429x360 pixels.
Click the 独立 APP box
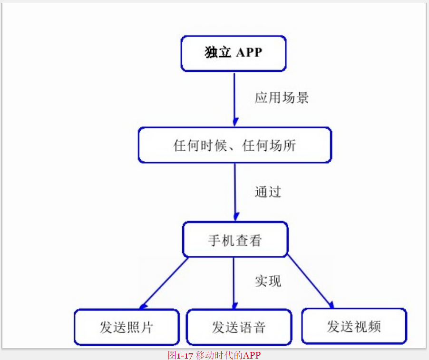[x=233, y=53]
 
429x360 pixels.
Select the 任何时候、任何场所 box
[x=234, y=145]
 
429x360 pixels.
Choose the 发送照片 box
[x=127, y=327]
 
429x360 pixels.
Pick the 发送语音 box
[x=238, y=327]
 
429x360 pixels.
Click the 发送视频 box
[x=354, y=326]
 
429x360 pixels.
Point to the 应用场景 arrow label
[x=282, y=98]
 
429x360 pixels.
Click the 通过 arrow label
[x=268, y=192]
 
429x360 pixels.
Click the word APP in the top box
[x=249, y=52]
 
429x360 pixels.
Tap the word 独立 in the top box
[x=218, y=52]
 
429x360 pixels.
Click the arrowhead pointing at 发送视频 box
[x=331, y=304]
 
